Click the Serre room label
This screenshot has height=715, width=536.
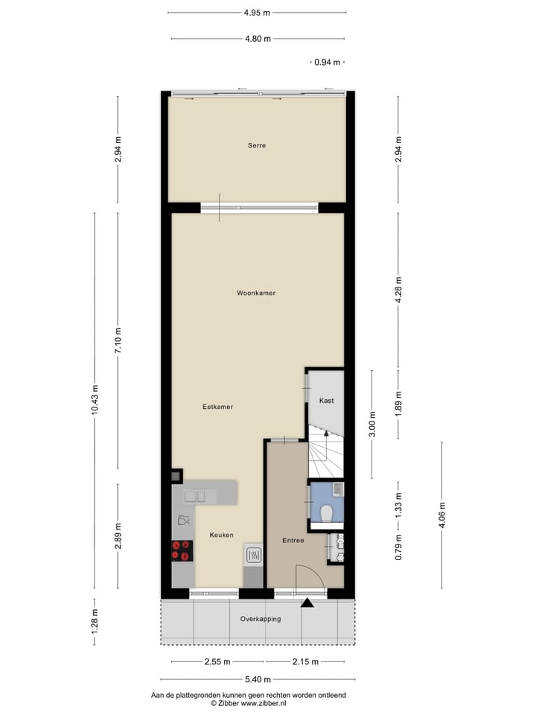[257, 145]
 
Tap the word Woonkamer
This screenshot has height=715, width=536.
[256, 293]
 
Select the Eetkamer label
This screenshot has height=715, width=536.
[218, 407]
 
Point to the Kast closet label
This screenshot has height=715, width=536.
[326, 400]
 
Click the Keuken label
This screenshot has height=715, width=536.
[221, 535]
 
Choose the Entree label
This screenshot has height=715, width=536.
[293, 540]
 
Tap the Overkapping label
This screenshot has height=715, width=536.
[260, 619]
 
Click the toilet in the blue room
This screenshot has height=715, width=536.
[326, 513]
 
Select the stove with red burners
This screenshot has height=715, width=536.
[181, 550]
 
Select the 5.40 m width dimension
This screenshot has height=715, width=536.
[257, 679]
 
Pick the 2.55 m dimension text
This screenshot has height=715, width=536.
[217, 661]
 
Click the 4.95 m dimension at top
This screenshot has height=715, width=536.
[257, 12]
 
